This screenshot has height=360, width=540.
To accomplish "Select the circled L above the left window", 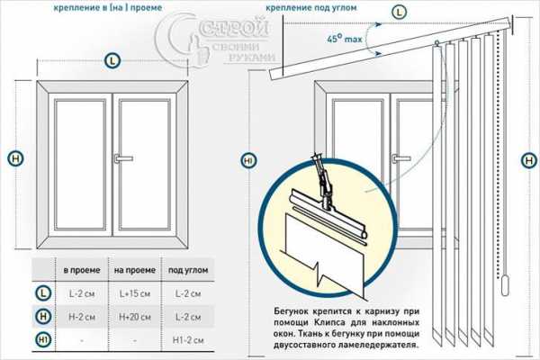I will click(x=112, y=61).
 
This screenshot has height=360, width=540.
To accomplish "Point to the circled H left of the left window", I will click(x=15, y=158).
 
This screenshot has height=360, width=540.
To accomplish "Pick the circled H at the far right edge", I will click(x=529, y=159).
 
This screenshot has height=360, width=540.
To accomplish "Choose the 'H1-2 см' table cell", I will click(x=185, y=339).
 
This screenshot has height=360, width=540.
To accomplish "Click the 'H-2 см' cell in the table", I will click(x=77, y=316).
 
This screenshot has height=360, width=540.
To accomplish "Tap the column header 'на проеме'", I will click(x=131, y=269).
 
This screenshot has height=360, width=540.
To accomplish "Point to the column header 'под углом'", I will click(x=185, y=269).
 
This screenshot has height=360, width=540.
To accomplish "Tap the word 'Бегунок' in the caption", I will click(x=293, y=310).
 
